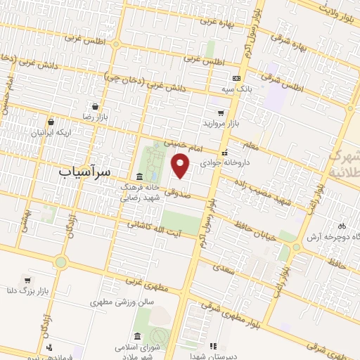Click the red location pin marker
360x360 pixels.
click(x=181, y=166)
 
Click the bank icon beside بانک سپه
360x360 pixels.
click(x=236, y=79)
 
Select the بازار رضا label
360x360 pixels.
click(x=93, y=116)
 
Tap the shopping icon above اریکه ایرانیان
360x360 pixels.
click(x=52, y=122)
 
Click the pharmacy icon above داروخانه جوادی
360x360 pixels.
click(x=224, y=153)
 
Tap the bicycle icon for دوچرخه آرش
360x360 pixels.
click(x=342, y=226)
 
